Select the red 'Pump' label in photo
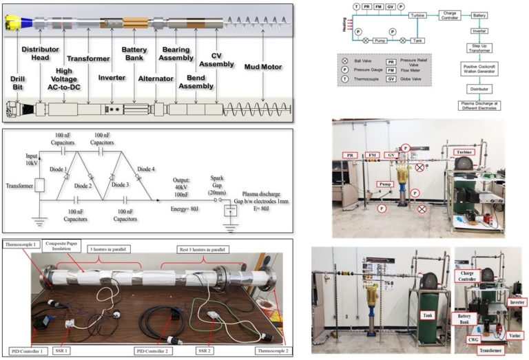tap(385, 185)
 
